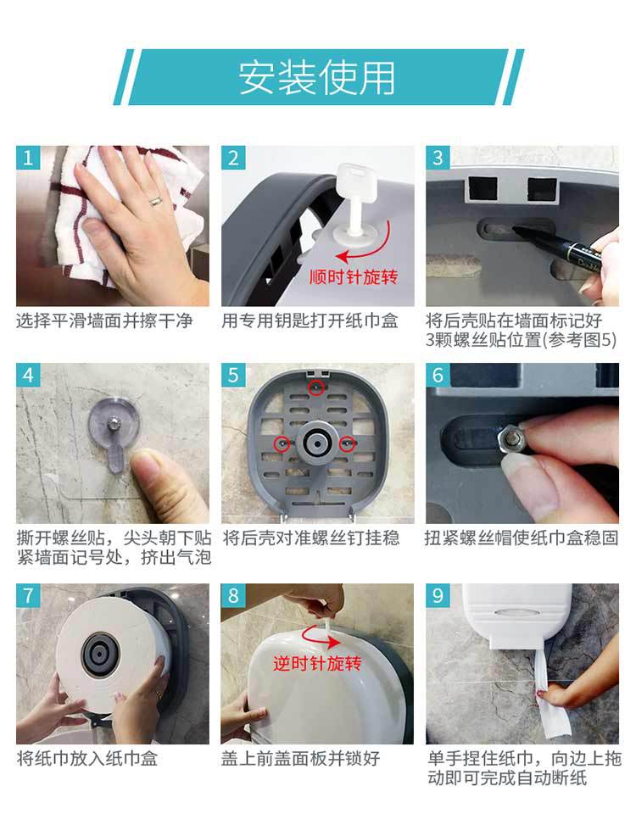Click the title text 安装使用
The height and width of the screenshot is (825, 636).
[316, 78]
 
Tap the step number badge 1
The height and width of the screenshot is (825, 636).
[28, 158]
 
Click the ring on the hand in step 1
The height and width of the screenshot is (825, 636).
[156, 200]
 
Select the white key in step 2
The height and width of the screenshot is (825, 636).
[351, 203]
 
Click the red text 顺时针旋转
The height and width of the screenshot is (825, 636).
[353, 276]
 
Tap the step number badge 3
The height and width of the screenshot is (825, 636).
[438, 158]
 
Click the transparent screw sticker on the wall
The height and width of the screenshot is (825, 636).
[113, 432]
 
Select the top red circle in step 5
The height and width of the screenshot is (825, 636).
[315, 387]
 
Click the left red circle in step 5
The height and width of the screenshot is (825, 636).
[282, 443]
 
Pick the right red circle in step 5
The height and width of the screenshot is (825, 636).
[347, 443]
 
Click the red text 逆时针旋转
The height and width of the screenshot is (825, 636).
[317, 663]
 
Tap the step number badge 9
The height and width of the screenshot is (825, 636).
[438, 595]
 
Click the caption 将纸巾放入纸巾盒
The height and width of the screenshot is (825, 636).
[87, 758]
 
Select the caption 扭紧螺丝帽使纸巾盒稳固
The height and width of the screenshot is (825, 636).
[522, 538]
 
